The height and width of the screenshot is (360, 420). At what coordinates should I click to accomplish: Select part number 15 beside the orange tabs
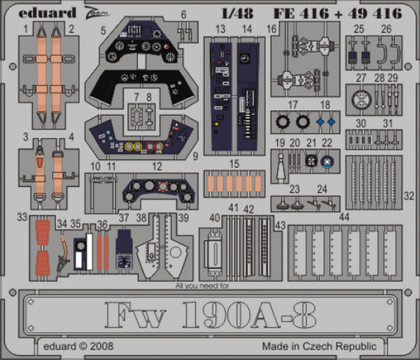(x=234, y=163)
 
